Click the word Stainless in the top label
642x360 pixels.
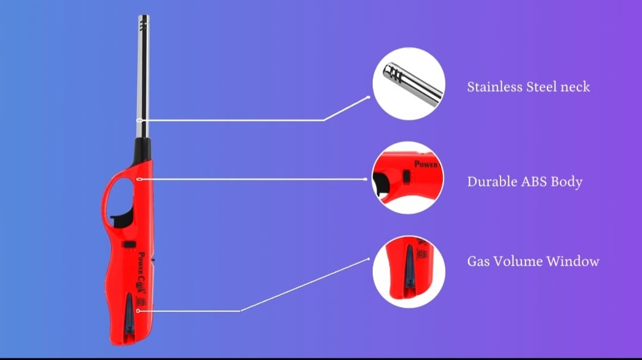click(494, 87)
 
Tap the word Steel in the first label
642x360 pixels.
click(541, 87)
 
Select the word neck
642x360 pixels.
click(575, 87)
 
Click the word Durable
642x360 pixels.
click(492, 182)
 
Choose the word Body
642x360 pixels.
click(568, 182)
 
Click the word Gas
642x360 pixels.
click(479, 261)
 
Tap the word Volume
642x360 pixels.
click(518, 261)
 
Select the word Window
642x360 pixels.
click(573, 261)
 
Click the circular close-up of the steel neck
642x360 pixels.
click(408, 84)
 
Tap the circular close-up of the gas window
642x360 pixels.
click(408, 271)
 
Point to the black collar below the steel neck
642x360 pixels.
click(143, 149)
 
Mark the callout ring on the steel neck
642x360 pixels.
click(139, 121)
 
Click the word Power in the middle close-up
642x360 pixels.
click(426, 164)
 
